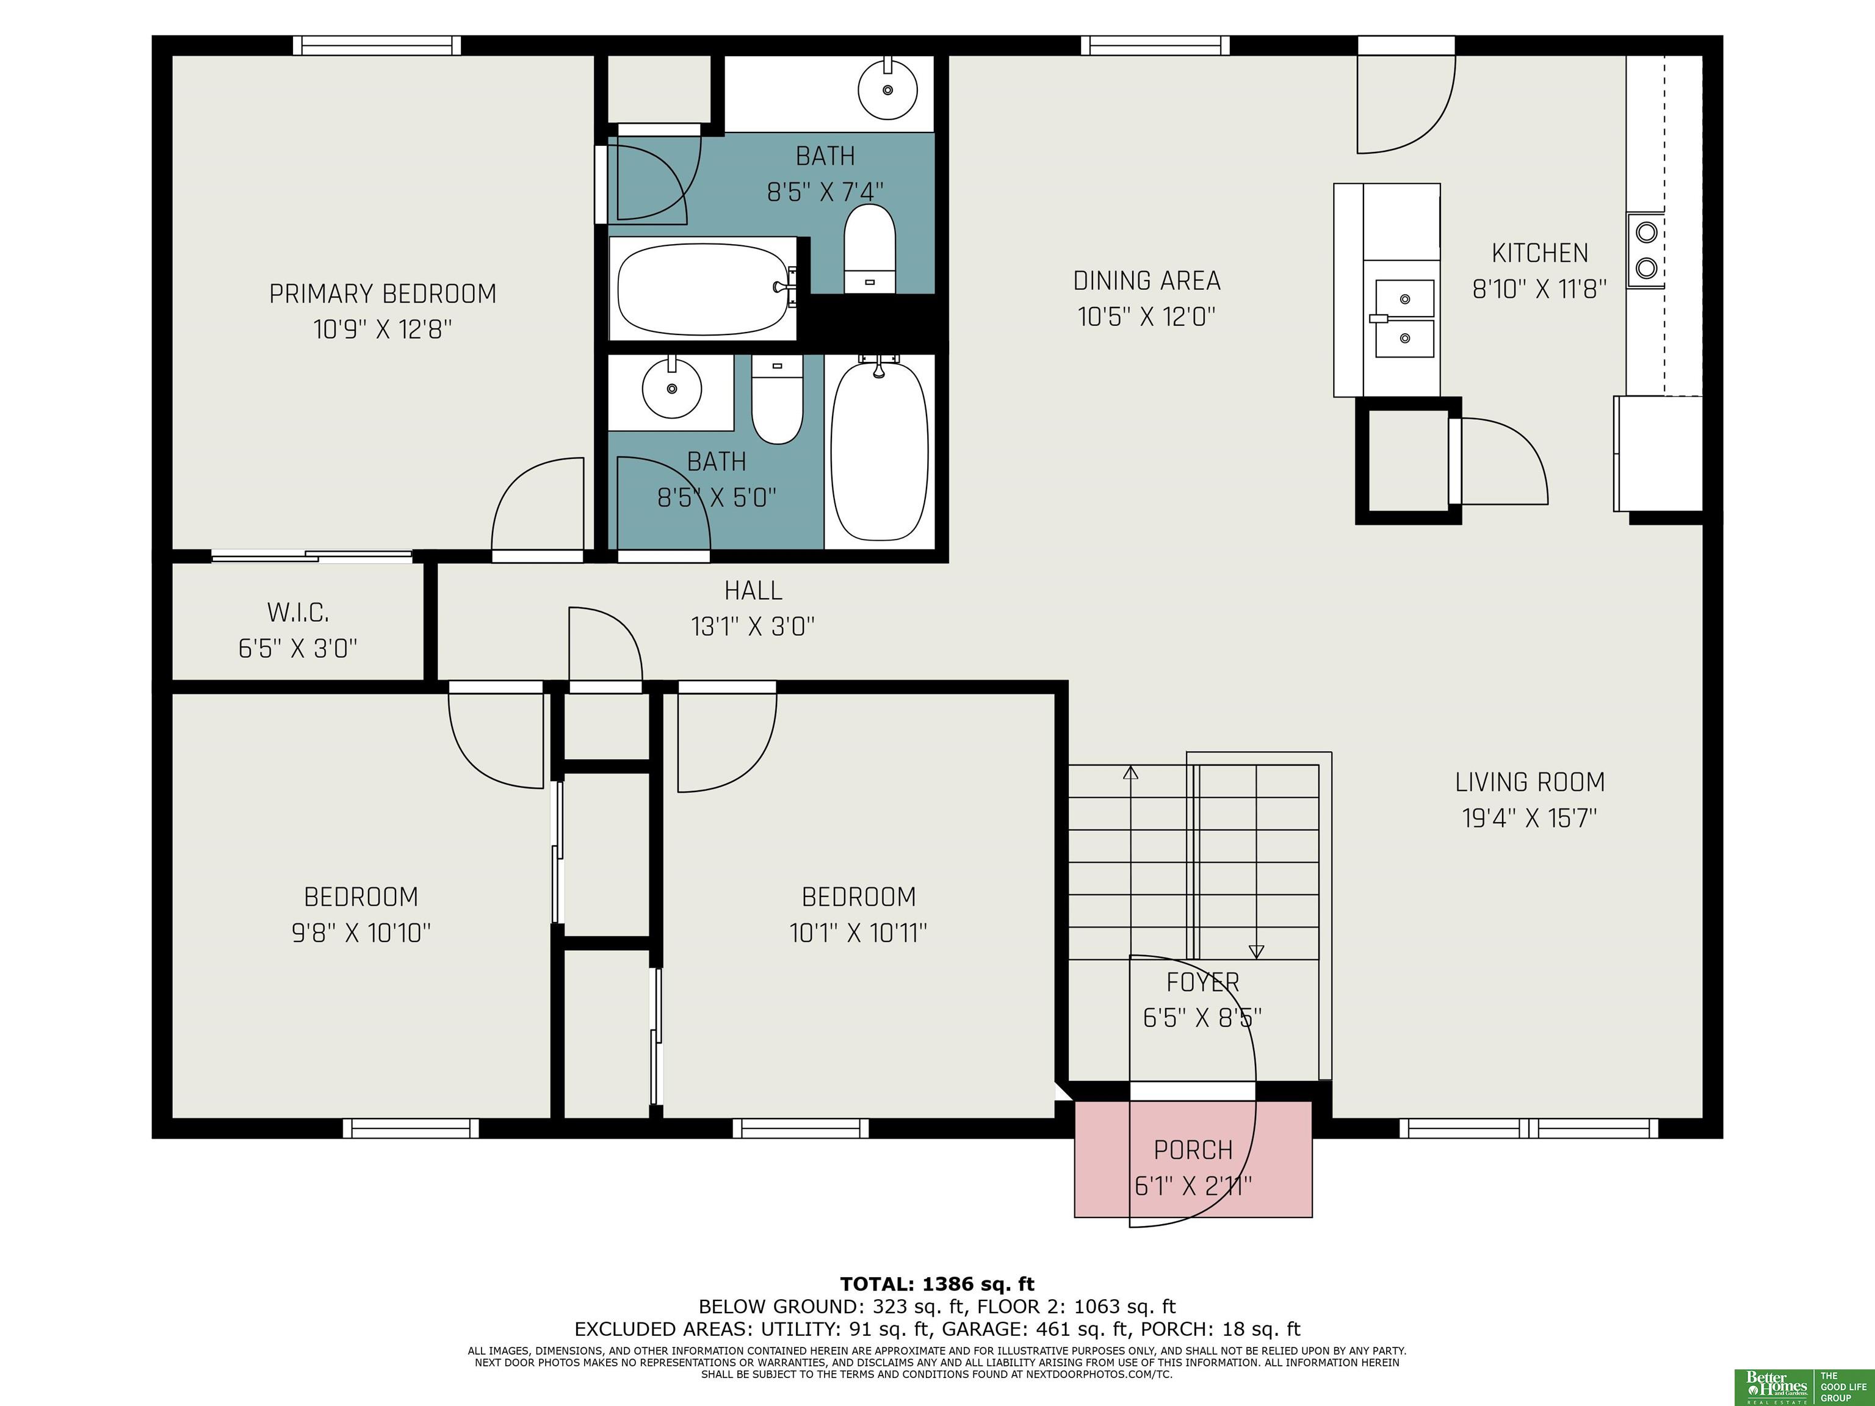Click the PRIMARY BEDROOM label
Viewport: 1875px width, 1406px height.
point(382,294)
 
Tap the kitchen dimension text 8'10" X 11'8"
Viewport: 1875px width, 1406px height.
point(1539,290)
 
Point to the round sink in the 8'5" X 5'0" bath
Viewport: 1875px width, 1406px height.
point(672,388)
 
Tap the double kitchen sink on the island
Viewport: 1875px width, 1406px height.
point(1404,319)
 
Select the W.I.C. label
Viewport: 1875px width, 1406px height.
point(297,612)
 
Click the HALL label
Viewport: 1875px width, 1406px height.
point(753,590)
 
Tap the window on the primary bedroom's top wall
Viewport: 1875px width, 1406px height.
point(377,45)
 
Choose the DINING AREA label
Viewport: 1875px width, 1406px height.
point(1147,281)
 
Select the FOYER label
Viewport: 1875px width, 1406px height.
point(1203,982)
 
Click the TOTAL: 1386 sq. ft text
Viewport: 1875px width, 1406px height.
point(937,1284)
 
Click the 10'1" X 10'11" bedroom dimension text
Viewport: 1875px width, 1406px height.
point(858,933)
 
